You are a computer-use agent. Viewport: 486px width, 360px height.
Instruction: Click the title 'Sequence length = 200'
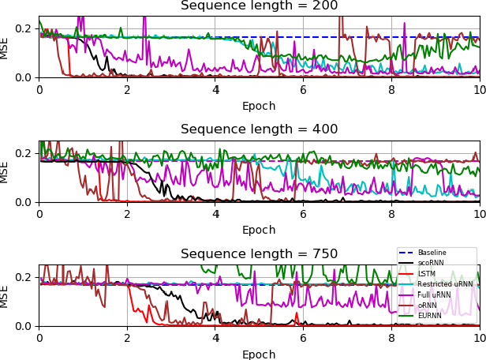point(259,6)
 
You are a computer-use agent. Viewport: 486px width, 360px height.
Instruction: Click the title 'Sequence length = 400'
point(259,129)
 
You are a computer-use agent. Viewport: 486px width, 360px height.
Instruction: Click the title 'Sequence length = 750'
point(259,254)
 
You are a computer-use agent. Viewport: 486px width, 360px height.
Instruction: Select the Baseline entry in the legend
point(432,253)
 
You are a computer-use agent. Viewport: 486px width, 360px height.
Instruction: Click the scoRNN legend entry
point(432,263)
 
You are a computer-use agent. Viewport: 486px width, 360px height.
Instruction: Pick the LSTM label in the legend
point(426,274)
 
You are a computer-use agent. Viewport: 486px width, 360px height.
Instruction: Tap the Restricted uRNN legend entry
point(445,284)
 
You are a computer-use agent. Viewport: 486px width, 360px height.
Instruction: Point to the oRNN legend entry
point(427,305)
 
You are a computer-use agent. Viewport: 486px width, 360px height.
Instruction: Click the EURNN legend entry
point(430,316)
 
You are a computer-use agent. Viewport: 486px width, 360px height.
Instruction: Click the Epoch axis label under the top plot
point(259,107)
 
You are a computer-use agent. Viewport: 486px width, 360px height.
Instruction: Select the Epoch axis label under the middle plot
point(259,231)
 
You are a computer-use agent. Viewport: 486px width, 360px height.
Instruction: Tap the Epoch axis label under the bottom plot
point(259,354)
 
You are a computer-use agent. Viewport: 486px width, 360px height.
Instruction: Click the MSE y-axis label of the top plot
point(6,47)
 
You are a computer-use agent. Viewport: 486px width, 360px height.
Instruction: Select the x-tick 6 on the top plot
point(303,89)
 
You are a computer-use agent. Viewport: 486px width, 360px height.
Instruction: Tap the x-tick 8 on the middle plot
point(391,214)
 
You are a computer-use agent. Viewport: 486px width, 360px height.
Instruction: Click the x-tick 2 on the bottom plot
point(127,338)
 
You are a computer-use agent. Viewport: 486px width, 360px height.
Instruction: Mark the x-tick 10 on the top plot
point(478,89)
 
